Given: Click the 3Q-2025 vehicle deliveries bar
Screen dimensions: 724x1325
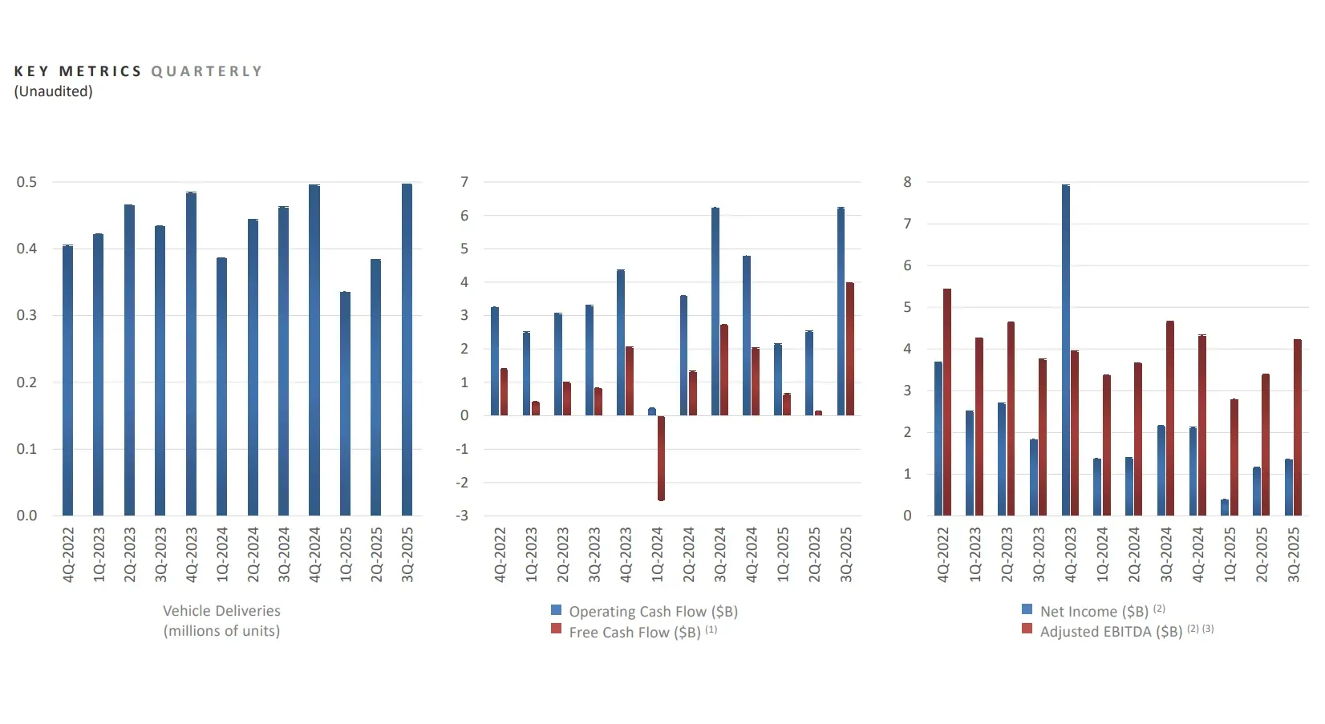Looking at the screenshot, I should [407, 350].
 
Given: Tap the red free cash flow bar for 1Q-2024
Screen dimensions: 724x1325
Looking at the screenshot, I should [661, 458].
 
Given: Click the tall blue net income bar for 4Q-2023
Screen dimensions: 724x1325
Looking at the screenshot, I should [1066, 350].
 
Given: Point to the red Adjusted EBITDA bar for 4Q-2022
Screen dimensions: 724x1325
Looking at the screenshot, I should [947, 402].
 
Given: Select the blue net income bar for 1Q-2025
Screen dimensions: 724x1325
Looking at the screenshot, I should [1225, 507].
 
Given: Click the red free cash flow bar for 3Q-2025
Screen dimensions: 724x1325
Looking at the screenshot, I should [850, 349].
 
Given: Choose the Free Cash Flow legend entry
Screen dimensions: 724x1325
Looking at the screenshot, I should [634, 633].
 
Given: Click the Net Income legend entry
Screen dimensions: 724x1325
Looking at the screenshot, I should [1093, 612].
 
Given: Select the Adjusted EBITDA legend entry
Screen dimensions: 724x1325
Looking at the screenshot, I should [1110, 632].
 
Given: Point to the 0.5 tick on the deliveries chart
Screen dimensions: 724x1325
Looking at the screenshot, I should [26, 182].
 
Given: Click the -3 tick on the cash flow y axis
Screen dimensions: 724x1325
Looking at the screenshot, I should [462, 516].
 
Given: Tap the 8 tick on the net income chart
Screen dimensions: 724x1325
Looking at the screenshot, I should [907, 182].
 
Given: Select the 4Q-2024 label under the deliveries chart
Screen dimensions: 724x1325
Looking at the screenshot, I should [314, 554].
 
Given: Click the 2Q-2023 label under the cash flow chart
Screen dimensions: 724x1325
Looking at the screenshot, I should [562, 554].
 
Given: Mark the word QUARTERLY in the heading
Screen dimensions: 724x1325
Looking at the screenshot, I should [207, 71].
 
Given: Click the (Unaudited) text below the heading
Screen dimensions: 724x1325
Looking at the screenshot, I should [53, 91].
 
